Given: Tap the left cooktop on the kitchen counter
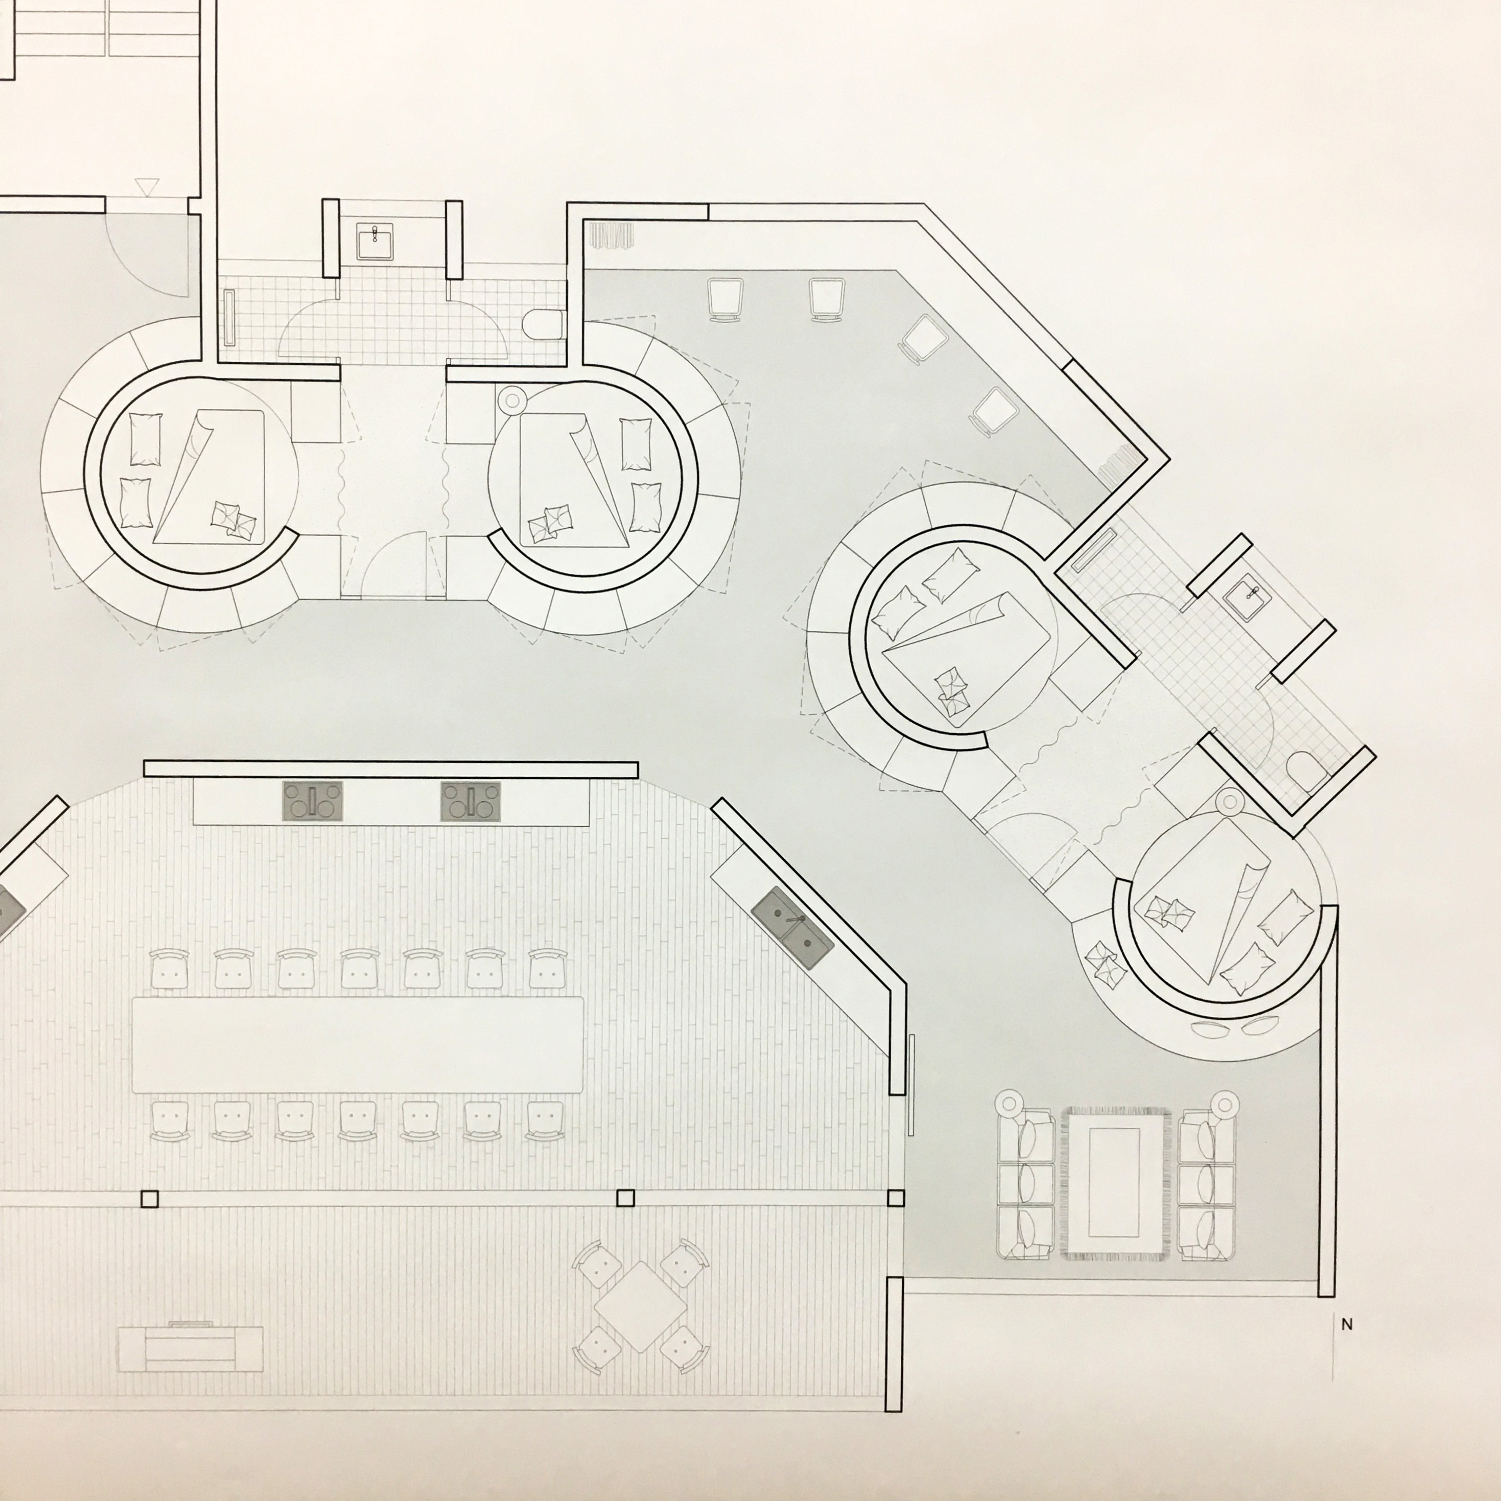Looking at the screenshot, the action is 312,801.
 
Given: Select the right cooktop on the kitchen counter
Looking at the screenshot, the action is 471,801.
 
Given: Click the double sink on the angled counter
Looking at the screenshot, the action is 793,929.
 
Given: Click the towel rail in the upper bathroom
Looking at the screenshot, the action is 230,317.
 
